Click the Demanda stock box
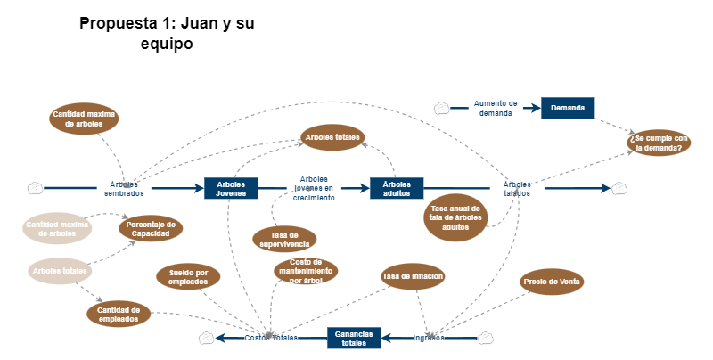[568, 108]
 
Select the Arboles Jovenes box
[231, 187]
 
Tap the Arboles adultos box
[397, 187]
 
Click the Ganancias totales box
[355, 338]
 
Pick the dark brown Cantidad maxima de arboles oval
[85, 119]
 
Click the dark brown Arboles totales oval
[332, 137]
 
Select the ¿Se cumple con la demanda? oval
[658, 143]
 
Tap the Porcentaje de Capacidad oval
[151, 228]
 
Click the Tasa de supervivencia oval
[284, 239]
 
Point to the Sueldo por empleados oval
[188, 276]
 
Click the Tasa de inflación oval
[413, 276]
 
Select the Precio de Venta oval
[552, 282]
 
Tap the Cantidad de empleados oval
[118, 313]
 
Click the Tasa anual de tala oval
[455, 218]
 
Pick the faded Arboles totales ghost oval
[60, 270]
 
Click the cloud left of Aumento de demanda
[441, 108]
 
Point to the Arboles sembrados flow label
[124, 188]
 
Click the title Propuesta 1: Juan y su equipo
[167, 33]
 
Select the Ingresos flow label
[429, 338]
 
